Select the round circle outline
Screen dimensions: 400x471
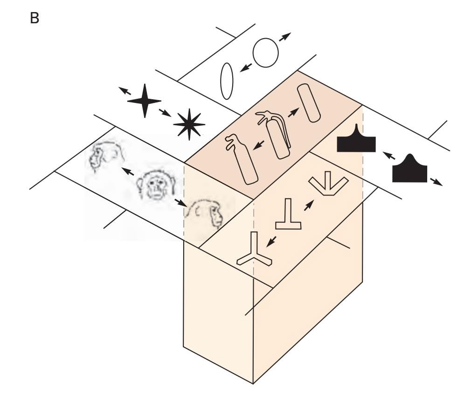click(265, 51)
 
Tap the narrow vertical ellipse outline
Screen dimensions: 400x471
click(227, 81)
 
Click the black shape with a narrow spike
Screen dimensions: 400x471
click(356, 141)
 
